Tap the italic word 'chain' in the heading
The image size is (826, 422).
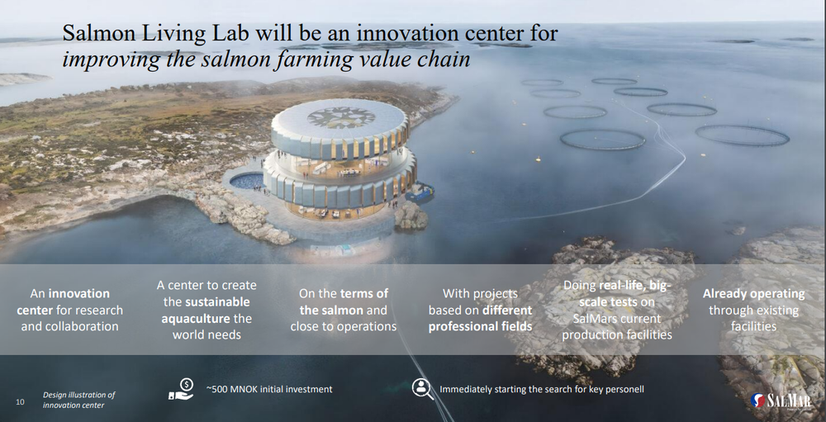tap(444, 59)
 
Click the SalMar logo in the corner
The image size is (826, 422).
tap(781, 401)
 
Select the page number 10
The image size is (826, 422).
tap(20, 402)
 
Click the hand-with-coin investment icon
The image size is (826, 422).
tap(181, 389)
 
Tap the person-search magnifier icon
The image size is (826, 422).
tap(422, 389)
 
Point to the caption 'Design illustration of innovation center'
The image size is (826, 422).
tap(78, 400)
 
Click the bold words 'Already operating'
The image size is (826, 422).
tap(754, 293)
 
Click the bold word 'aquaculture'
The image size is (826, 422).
tap(196, 319)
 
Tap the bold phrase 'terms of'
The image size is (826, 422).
tap(364, 293)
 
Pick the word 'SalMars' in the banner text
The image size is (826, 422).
tap(593, 319)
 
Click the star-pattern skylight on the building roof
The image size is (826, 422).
tap(341, 117)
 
